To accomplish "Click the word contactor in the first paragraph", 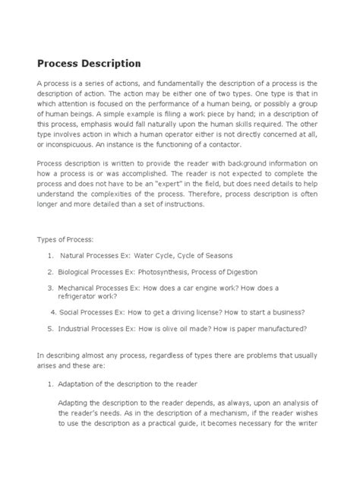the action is pos(242,144).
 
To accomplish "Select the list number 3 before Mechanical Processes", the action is pos(49,289).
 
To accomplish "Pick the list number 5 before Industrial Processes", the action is pos(49,329).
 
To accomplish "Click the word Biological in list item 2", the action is pos(77,272).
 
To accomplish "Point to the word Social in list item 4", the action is pos(72,312).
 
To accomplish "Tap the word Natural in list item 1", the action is pos(75,255).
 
